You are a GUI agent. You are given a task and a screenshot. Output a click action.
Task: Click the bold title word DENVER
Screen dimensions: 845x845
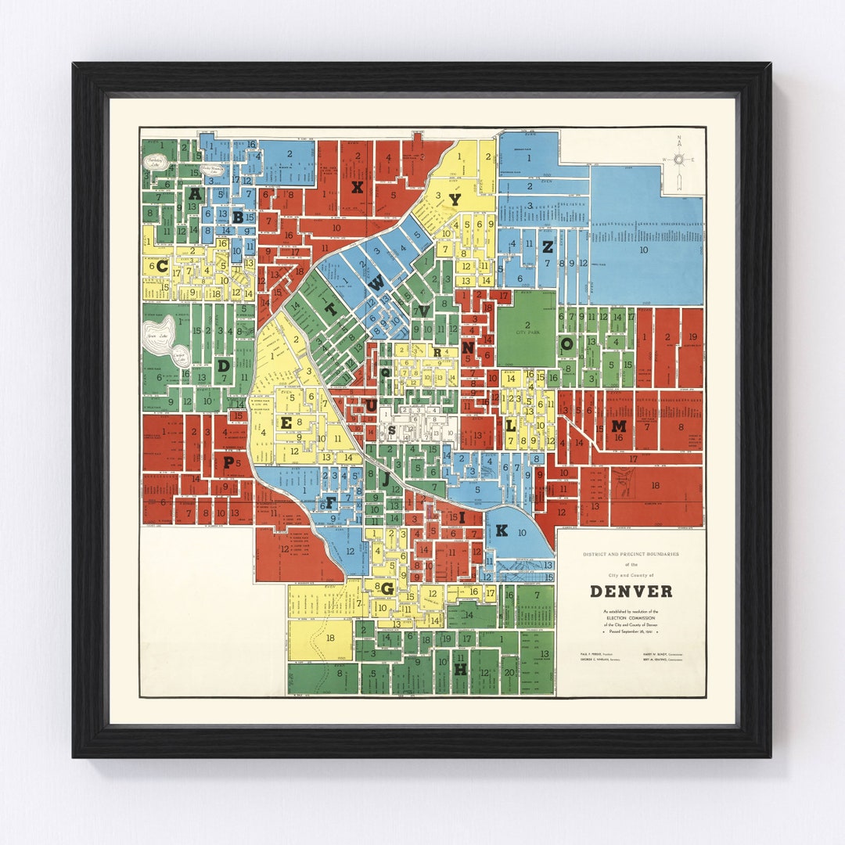[631, 591]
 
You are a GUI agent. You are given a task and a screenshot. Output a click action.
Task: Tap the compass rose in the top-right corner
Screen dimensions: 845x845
[679, 160]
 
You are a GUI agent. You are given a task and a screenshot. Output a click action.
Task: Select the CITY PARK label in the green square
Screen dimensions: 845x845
[527, 331]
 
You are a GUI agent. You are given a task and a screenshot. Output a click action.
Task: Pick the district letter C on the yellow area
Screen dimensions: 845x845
[162, 266]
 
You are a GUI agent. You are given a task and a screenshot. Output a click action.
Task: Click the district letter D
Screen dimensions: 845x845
[224, 365]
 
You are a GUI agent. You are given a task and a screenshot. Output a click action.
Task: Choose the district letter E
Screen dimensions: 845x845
[286, 422]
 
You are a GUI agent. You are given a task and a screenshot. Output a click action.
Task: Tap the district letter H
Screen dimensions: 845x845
[460, 670]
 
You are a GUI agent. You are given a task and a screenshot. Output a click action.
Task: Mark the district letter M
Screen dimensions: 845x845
[619, 426]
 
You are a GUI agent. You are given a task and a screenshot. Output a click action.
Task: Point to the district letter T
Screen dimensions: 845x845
[331, 309]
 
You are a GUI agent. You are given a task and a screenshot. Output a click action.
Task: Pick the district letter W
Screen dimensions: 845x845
[376, 284]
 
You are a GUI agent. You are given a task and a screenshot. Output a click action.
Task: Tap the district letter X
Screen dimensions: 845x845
[357, 186]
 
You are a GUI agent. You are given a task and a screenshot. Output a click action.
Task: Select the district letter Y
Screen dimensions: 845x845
[455, 200]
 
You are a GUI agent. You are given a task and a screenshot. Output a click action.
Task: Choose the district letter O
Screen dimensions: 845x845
[569, 343]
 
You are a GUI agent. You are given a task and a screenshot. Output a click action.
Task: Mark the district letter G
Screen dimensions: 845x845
[387, 588]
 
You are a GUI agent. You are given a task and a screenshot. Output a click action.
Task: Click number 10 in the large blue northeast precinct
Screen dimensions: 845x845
[644, 250]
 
